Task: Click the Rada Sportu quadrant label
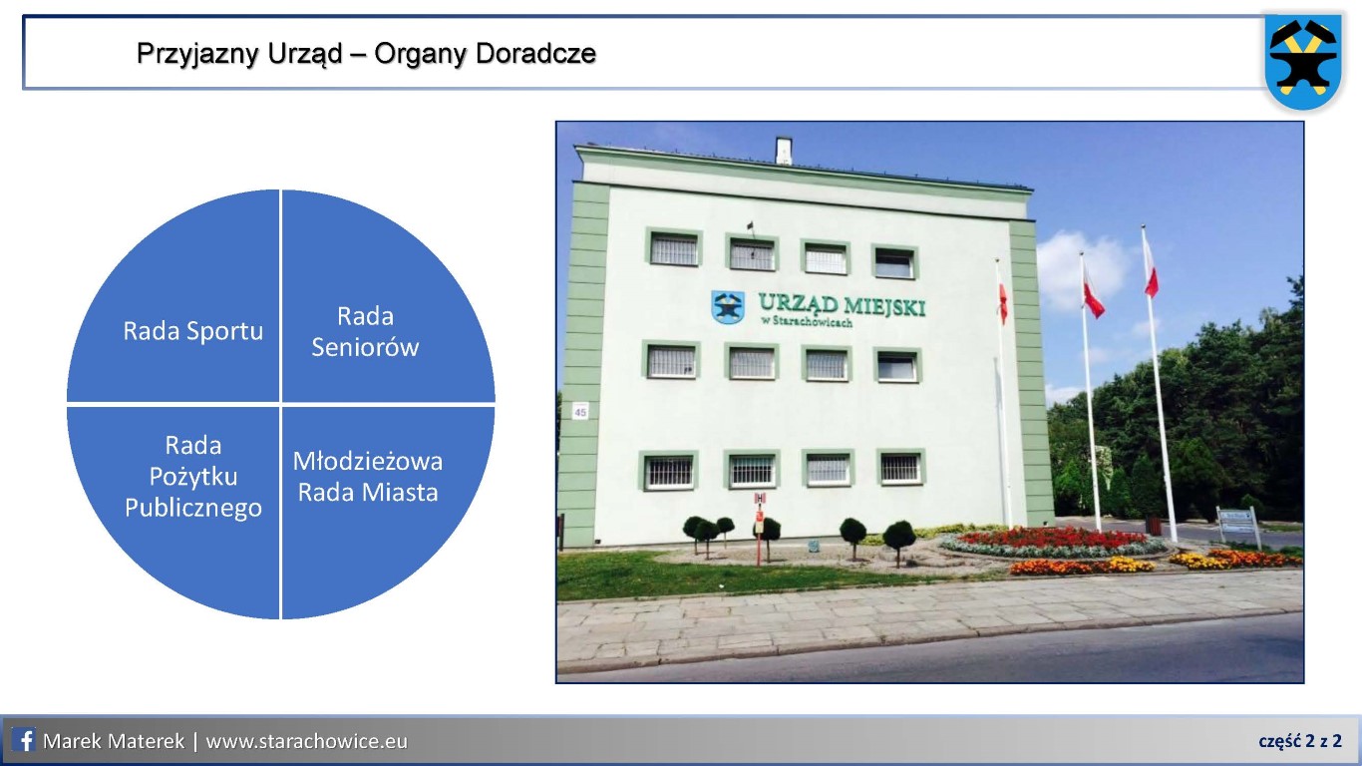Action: (x=192, y=331)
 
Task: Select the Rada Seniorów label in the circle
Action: (x=365, y=331)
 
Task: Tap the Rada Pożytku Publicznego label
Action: (x=192, y=477)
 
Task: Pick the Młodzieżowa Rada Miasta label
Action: (x=367, y=477)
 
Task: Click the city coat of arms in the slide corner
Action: (x=1303, y=61)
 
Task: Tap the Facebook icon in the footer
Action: (x=23, y=740)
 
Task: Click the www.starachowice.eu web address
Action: (x=306, y=741)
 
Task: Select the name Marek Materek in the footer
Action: (x=114, y=741)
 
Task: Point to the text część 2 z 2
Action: (x=1300, y=741)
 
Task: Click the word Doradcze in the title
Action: (x=535, y=53)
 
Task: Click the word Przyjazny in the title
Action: (x=197, y=54)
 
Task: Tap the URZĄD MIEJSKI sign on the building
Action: (x=842, y=309)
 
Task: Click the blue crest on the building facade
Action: (x=728, y=306)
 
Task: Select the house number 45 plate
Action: (x=580, y=412)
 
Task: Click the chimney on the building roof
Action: (x=783, y=151)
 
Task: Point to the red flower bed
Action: (x=1052, y=539)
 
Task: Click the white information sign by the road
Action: (x=1236, y=522)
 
